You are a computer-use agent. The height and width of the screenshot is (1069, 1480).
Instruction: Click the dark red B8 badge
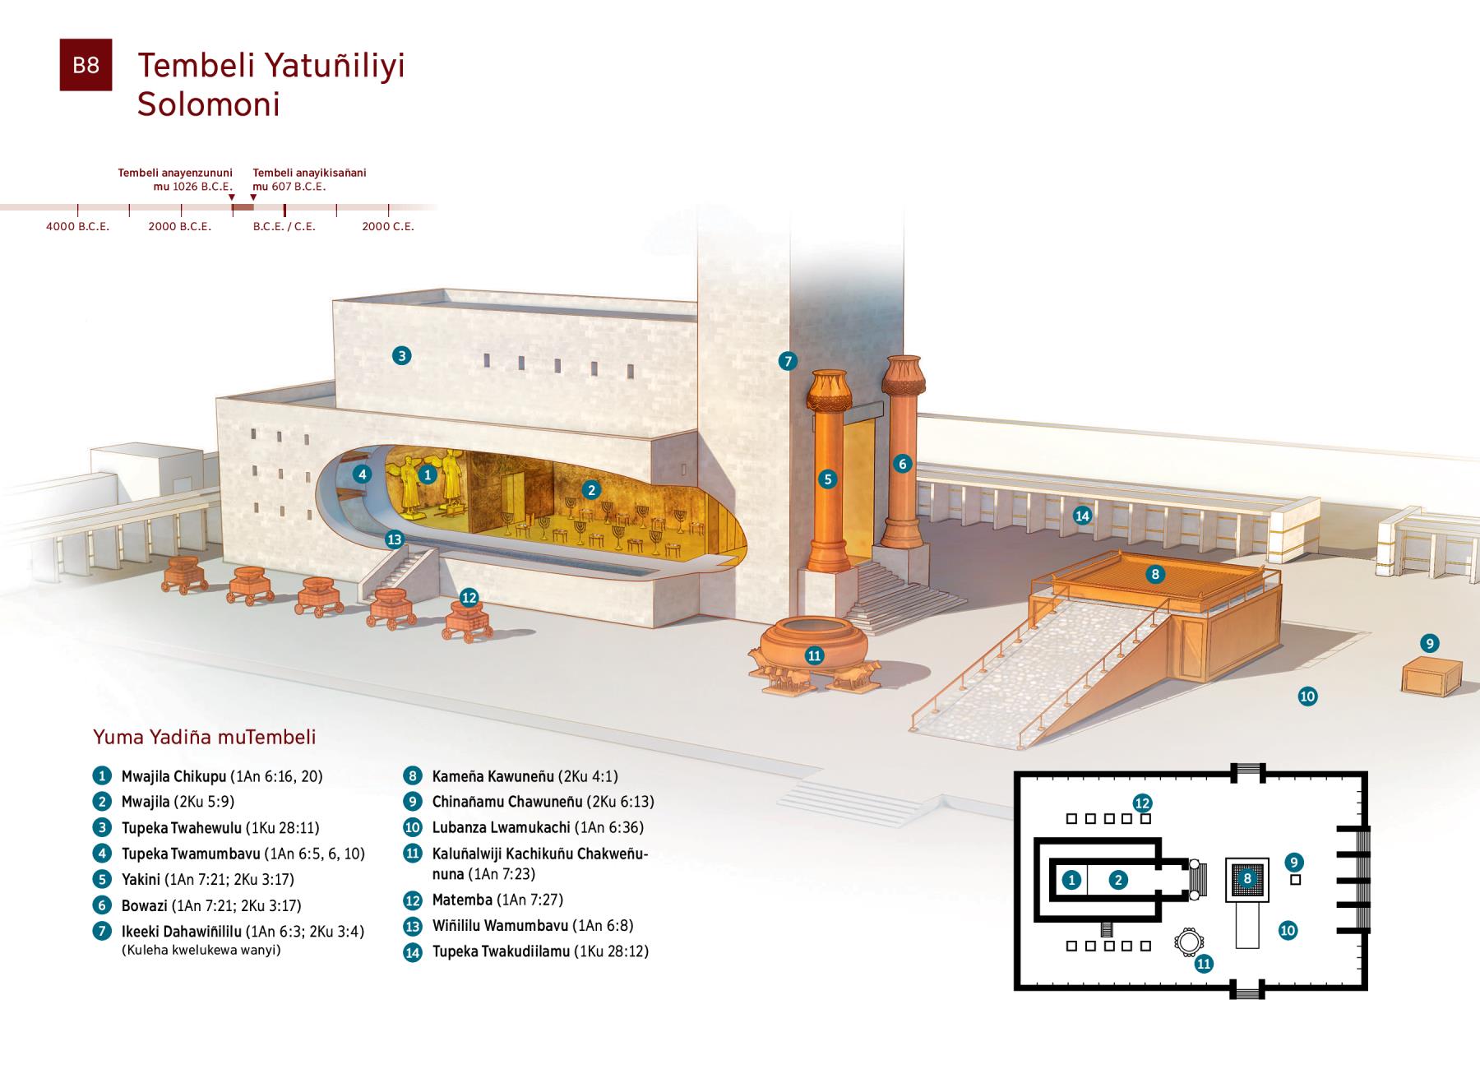click(x=86, y=65)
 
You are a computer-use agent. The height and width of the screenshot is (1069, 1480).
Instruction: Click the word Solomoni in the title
click(x=209, y=104)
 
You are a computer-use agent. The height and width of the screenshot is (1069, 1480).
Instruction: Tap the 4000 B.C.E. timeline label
click(x=77, y=226)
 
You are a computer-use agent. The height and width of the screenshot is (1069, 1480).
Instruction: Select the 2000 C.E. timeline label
click(x=388, y=226)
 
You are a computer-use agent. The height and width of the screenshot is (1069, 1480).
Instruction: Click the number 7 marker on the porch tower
click(x=788, y=360)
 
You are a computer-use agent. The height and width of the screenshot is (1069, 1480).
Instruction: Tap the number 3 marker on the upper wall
click(x=401, y=355)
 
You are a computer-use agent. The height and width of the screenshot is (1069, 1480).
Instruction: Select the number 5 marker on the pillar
click(x=828, y=479)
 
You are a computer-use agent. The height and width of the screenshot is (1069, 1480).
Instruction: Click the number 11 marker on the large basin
click(x=815, y=655)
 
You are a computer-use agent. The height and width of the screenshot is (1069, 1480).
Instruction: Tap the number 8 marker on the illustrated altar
click(x=1155, y=574)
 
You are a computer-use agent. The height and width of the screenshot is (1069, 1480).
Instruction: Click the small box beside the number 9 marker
click(x=1431, y=676)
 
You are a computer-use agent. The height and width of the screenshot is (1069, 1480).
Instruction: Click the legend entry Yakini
click(x=141, y=879)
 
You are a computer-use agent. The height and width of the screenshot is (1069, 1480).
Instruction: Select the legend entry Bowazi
click(x=144, y=905)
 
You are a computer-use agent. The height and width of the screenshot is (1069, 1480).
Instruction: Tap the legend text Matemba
click(x=462, y=900)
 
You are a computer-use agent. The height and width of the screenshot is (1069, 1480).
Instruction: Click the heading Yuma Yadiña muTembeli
click(x=205, y=737)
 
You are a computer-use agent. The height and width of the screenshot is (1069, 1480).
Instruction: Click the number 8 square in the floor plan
click(x=1247, y=879)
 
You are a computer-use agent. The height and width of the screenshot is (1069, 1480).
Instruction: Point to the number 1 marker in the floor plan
click(x=1071, y=880)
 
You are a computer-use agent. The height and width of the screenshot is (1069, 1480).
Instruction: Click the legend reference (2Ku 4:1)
click(x=588, y=776)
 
